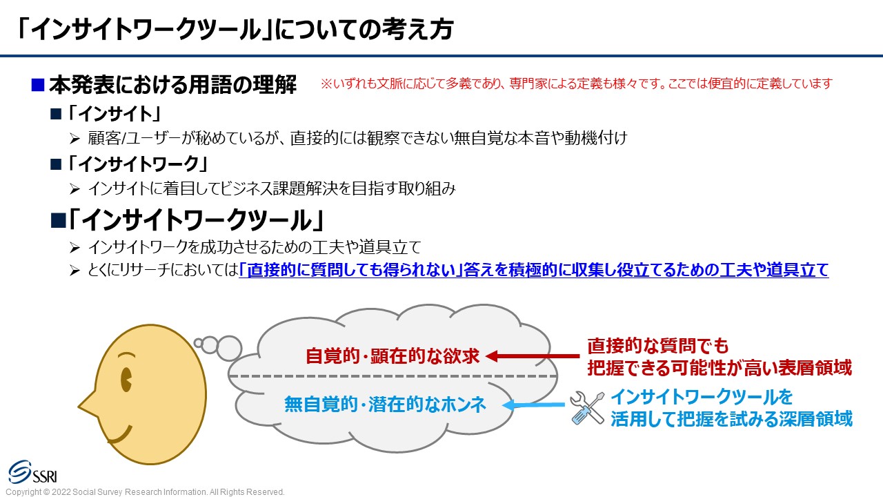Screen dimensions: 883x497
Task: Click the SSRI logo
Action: point(33,472)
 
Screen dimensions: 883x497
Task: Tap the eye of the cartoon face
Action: point(126,380)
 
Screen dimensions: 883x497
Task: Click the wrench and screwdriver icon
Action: point(587,408)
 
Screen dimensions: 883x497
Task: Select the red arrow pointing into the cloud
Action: point(533,355)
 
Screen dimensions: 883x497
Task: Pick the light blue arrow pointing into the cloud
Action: point(534,405)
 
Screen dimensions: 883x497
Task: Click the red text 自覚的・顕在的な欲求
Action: point(393,355)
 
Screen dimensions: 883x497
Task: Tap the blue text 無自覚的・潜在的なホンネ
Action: point(385,405)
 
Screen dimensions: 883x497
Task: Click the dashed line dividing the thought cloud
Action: point(393,376)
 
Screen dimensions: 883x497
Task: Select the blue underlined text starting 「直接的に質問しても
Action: point(534,270)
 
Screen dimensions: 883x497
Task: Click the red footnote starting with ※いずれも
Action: point(576,84)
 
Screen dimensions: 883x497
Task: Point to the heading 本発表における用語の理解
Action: point(172,85)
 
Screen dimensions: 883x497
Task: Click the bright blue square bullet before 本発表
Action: point(38,85)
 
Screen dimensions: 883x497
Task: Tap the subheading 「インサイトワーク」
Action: point(137,164)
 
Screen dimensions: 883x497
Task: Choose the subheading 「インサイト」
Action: point(114,114)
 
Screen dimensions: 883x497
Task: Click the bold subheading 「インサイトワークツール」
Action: point(196,220)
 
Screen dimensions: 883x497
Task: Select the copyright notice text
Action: point(145,492)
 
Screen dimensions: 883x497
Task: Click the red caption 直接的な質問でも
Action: point(658,346)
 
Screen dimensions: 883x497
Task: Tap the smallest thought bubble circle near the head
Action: point(198,343)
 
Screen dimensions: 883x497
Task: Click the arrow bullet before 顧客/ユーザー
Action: point(75,139)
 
